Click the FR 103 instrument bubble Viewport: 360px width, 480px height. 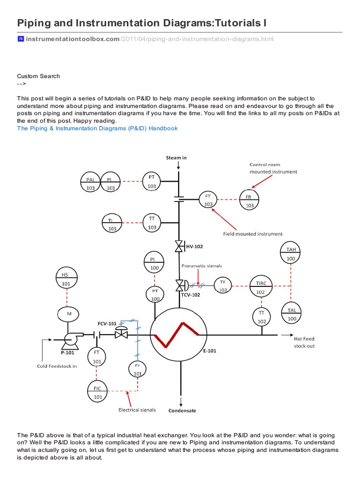click(249, 200)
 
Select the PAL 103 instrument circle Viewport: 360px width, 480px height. click(90, 183)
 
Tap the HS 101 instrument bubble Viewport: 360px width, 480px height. click(67, 278)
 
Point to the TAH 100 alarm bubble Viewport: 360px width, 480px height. click(291, 254)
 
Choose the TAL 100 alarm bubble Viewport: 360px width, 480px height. click(291, 314)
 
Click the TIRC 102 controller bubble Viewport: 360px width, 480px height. click(261, 287)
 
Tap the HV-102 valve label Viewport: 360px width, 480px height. click(195, 246)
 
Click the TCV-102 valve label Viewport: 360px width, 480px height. click(191, 295)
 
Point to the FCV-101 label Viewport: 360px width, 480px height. click(107, 323)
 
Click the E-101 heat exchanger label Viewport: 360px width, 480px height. click(210, 350)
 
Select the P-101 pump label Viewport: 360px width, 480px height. click(67, 353)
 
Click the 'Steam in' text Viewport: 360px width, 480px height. click(176, 157)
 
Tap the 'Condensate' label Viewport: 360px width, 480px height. click(182, 411)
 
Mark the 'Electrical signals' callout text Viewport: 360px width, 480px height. click(137, 410)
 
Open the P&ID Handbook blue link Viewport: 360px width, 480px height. click(97, 128)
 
